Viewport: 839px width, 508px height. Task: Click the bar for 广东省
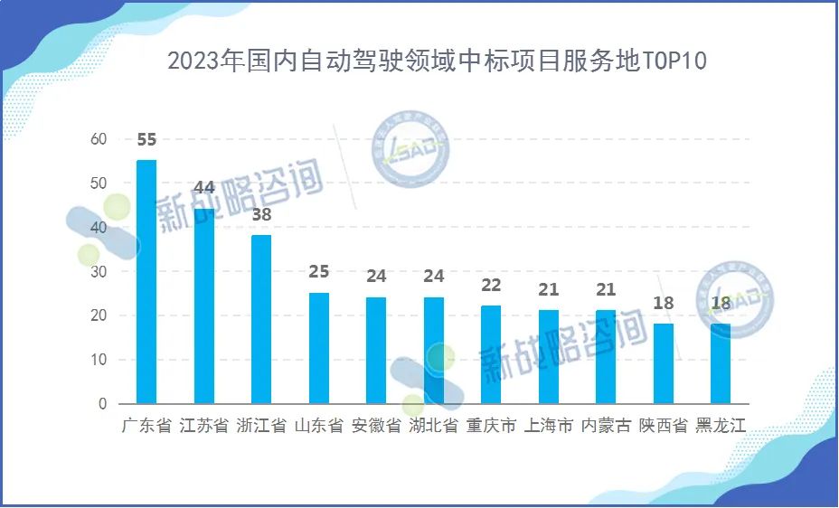tap(146, 282)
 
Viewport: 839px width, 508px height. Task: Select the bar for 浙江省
tap(261, 319)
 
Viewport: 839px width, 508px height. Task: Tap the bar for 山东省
tap(318, 348)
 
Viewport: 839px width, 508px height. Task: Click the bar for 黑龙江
tap(721, 363)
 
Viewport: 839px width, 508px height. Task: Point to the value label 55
tap(146, 140)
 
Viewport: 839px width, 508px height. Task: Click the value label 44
tap(204, 188)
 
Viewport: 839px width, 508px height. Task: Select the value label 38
tap(261, 215)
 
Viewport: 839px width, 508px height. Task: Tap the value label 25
tap(318, 272)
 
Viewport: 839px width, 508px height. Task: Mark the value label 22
tap(491, 286)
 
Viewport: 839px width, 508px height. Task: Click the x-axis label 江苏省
tap(204, 426)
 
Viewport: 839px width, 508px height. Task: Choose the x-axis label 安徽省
tap(376, 426)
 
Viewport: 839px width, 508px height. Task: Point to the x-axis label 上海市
tap(549, 426)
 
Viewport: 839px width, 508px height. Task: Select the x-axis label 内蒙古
tap(606, 426)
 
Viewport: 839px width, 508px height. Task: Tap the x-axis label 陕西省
tap(664, 426)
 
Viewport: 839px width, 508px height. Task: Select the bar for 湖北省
tap(434, 351)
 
